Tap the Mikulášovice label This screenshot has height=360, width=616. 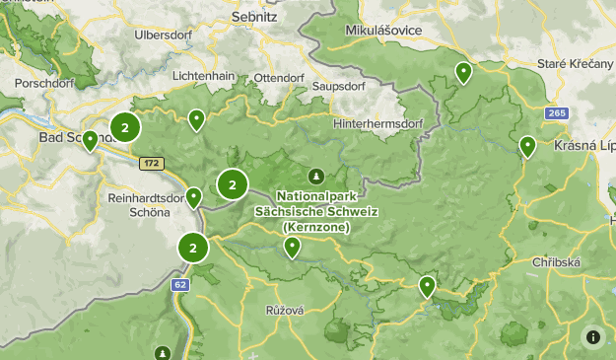(383, 31)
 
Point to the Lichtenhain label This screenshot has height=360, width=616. (203, 76)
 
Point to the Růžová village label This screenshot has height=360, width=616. (284, 310)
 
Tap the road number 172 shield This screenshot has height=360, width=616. (151, 163)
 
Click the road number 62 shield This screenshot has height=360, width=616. (178, 285)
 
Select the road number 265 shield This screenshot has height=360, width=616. (557, 113)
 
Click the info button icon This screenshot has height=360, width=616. (592, 336)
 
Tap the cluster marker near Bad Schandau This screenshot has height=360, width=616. (125, 127)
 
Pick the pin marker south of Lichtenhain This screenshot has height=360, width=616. (196, 120)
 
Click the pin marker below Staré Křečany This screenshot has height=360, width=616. (463, 71)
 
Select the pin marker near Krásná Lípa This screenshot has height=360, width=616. (527, 146)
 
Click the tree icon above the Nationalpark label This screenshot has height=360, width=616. (315, 176)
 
